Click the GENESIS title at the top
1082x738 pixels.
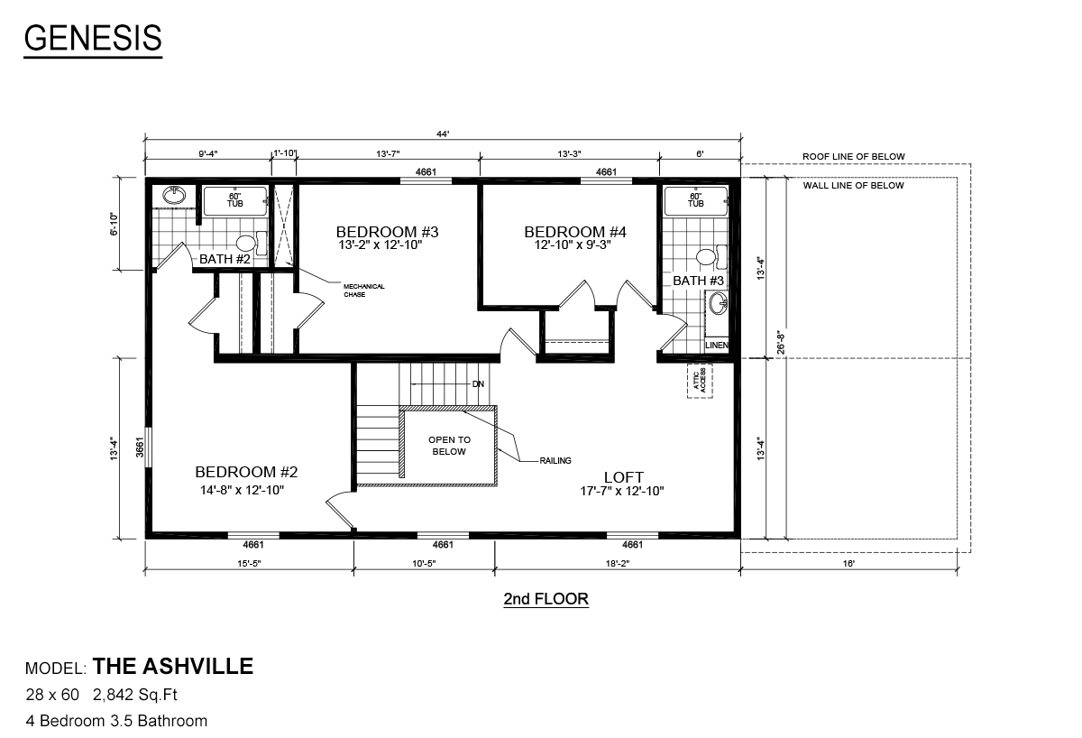click(x=93, y=38)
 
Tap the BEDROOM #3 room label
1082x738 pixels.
click(x=387, y=232)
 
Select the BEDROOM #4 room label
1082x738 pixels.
click(x=575, y=232)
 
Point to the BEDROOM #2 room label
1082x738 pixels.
click(x=246, y=472)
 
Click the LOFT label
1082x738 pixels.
click(x=624, y=477)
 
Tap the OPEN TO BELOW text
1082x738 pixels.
click(x=449, y=446)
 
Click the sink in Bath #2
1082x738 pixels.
click(x=174, y=195)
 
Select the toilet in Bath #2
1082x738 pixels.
click(x=252, y=243)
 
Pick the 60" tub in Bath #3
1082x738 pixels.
click(x=695, y=200)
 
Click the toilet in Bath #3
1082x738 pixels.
click(x=711, y=256)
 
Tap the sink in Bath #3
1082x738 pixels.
click(x=719, y=304)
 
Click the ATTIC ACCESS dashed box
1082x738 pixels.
click(x=700, y=381)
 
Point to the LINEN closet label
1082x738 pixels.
click(x=716, y=345)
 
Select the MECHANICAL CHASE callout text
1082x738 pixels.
click(x=363, y=291)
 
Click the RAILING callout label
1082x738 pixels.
click(x=555, y=461)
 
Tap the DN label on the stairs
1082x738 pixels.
click(x=478, y=384)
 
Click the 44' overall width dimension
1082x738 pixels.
click(x=443, y=134)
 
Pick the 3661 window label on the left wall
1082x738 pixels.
click(x=140, y=447)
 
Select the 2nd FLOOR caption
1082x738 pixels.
click(x=546, y=599)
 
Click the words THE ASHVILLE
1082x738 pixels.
click(x=173, y=666)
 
